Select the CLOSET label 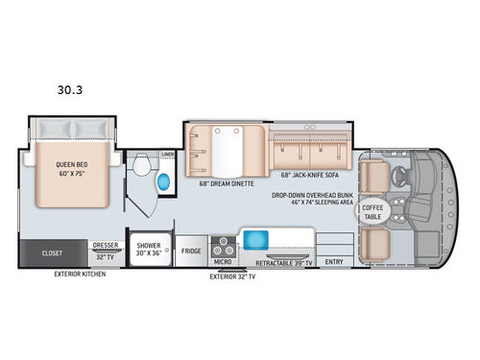click(x=52, y=254)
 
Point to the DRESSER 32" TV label click(x=105, y=251)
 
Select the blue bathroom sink click(x=160, y=181)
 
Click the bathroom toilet click(x=141, y=171)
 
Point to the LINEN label click(x=167, y=154)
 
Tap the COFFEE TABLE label click(x=372, y=213)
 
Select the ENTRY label click(x=333, y=260)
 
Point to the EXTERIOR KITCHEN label click(x=81, y=275)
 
